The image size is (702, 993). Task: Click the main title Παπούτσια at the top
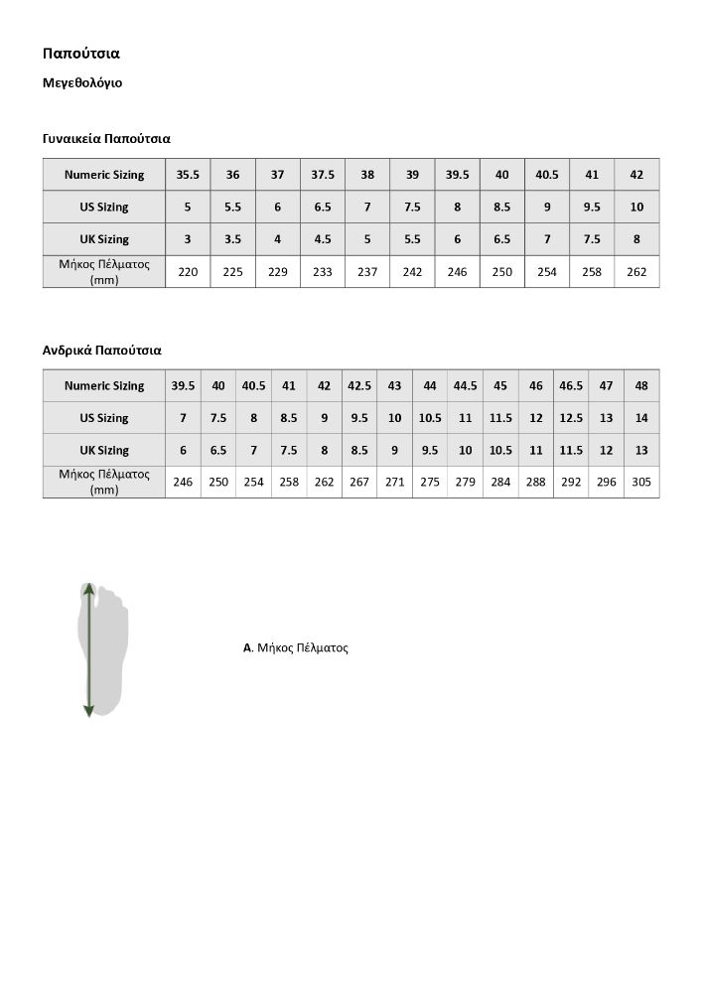pos(80,53)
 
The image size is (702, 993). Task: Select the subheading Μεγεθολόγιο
pos(82,82)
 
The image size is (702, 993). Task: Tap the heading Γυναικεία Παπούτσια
pos(106,139)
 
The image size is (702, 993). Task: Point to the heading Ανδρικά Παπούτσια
pos(101,351)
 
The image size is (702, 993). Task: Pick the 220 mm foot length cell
pos(188,271)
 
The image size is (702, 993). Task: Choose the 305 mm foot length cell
pos(641,482)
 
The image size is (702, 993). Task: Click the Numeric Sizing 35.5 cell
pos(188,175)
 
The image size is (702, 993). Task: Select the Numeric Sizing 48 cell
pos(641,385)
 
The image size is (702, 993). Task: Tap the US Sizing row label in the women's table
pos(104,207)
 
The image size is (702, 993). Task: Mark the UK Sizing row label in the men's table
pos(104,450)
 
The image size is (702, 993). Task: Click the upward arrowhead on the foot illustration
pos(89,589)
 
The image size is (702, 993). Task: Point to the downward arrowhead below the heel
pos(89,710)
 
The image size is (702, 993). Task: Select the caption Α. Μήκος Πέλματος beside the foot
pos(296,647)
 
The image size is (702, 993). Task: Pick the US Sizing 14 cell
pos(641,418)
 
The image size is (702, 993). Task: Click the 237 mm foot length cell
pos(367,271)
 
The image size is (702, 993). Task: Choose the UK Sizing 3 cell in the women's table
pos(188,239)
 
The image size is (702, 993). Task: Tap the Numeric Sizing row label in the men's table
pos(104,385)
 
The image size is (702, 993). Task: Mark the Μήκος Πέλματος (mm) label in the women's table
pos(104,271)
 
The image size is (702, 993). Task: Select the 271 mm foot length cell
pos(394,482)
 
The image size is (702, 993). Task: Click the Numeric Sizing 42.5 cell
pos(359,385)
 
